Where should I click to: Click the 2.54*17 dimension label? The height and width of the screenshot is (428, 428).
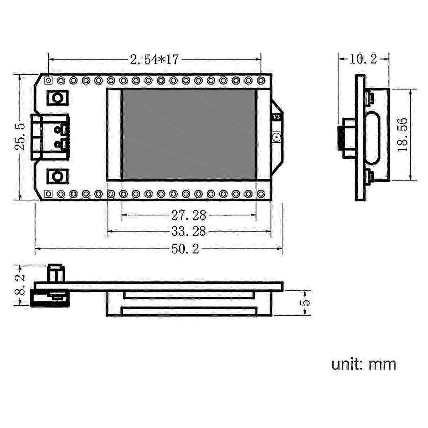tap(154, 60)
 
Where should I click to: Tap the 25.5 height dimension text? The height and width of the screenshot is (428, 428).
tap(20, 137)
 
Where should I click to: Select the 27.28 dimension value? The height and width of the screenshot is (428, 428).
tap(189, 215)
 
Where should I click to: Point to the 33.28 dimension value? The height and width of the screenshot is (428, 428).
tap(189, 231)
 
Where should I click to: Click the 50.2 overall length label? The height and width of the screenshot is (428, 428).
tap(185, 249)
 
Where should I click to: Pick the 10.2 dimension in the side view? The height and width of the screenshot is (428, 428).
tap(363, 59)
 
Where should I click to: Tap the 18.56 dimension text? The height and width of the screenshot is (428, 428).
tap(403, 135)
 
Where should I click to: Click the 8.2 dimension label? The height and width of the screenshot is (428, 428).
tap(20, 286)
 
